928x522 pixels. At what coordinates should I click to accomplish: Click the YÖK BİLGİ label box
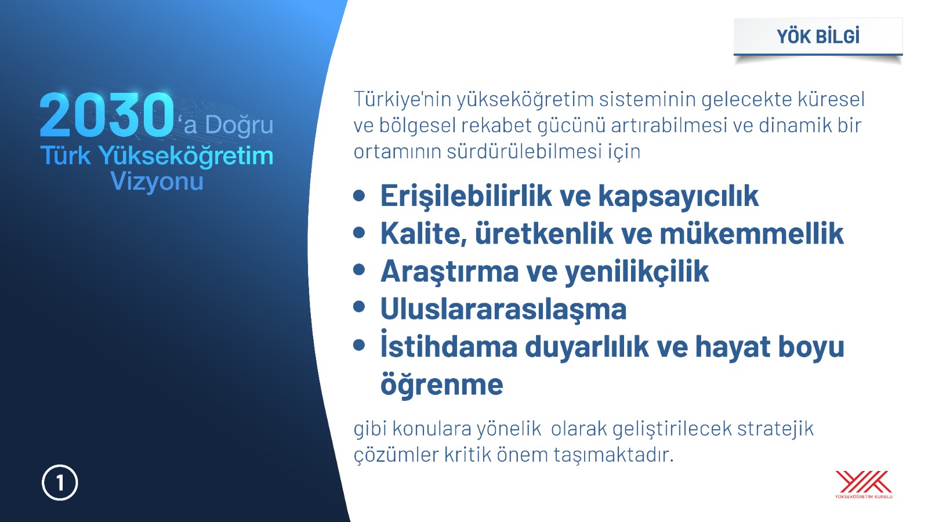point(818,37)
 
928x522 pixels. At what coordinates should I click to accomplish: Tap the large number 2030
point(107,115)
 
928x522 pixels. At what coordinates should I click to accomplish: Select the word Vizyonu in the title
point(157,181)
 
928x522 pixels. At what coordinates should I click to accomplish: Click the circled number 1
point(60,483)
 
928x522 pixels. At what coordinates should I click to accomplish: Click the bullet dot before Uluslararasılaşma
point(359,307)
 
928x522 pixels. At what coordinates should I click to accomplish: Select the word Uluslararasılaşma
point(503,310)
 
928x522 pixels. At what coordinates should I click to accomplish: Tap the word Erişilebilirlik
point(466,196)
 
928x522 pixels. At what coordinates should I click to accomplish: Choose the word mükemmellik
point(752,234)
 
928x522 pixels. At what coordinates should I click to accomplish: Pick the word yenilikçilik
point(637,272)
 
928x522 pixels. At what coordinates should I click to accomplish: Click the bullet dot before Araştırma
point(359,269)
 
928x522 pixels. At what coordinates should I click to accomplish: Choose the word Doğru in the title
point(239,125)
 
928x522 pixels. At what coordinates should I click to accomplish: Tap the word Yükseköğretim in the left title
point(186,157)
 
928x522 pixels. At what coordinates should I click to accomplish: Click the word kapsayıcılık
point(679,196)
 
